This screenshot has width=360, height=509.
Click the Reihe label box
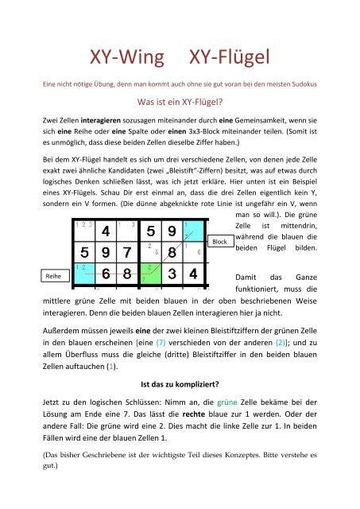click(53, 274)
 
